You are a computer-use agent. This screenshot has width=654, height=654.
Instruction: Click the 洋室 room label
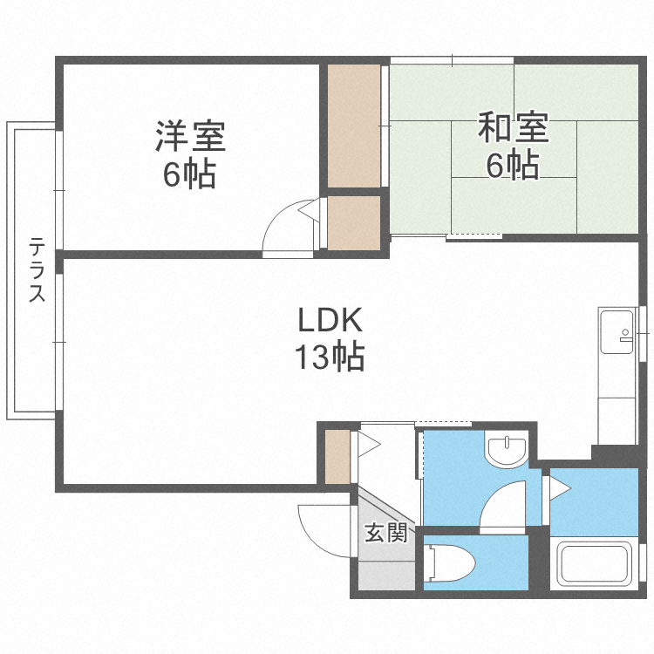click(191, 136)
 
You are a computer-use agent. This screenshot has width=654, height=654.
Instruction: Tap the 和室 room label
click(514, 128)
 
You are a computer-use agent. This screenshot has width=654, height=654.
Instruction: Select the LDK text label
click(330, 321)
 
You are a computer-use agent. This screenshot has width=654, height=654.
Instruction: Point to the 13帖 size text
click(330, 357)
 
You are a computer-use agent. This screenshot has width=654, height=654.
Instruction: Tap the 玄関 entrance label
click(386, 532)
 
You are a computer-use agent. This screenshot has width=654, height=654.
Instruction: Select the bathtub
click(596, 564)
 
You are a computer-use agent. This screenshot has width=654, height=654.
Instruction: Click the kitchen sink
click(617, 331)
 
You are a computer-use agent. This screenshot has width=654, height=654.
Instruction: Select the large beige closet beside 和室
click(354, 125)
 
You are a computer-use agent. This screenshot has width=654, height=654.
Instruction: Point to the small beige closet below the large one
click(354, 222)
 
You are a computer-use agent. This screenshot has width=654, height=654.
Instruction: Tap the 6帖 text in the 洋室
click(189, 174)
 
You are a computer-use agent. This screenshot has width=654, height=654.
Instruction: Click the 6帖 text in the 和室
click(512, 165)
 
